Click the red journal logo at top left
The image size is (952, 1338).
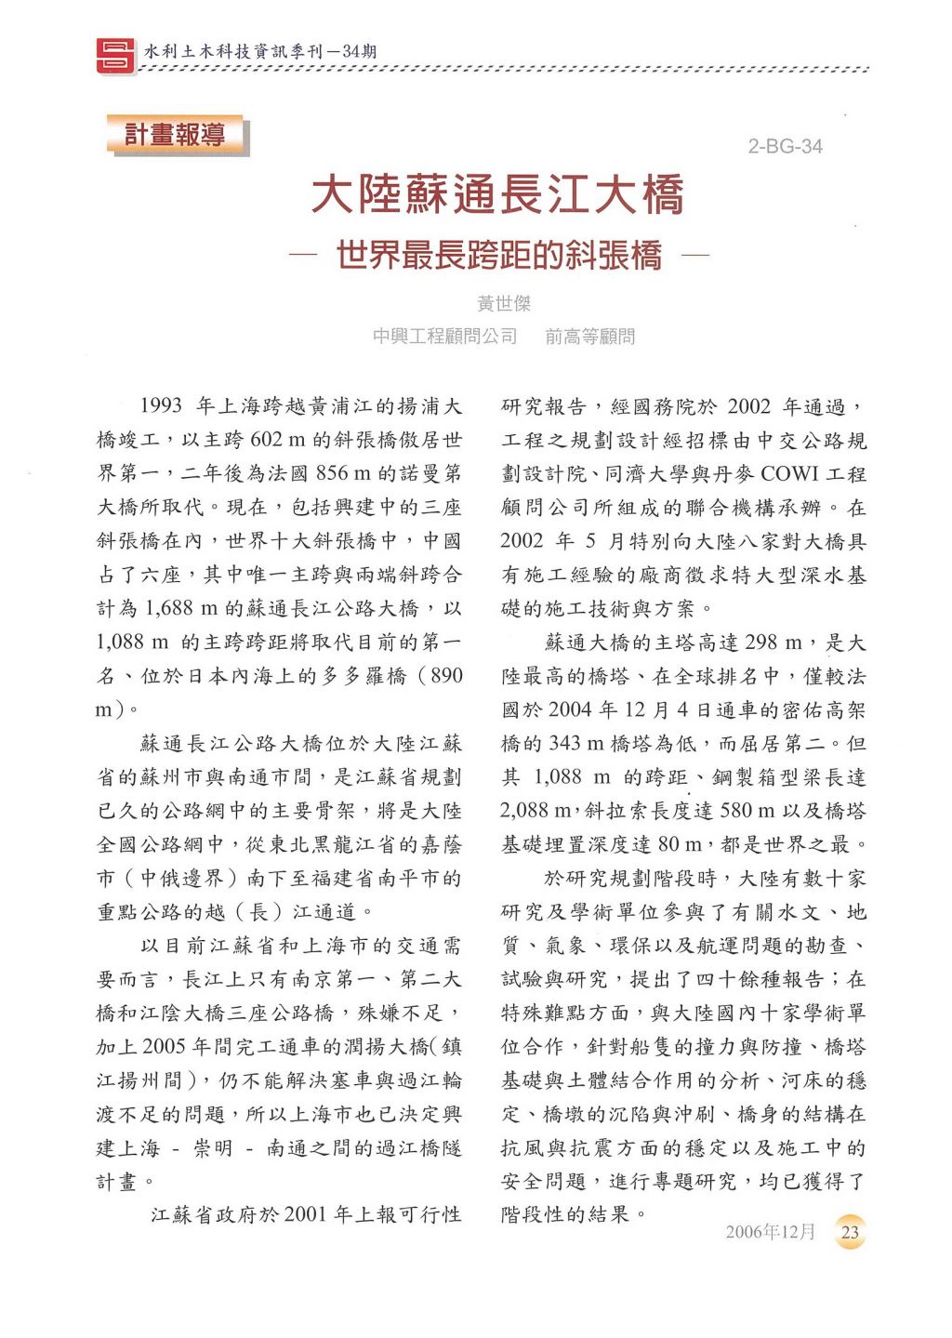[x=116, y=53]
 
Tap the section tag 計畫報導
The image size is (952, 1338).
[x=176, y=136]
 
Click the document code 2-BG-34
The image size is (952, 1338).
[x=785, y=147]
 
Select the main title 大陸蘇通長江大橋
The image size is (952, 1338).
[x=497, y=195]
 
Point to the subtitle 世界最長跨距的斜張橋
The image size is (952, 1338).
[x=499, y=255]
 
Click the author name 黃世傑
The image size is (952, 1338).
[x=503, y=304]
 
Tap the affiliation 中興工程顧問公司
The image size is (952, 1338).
[x=444, y=337]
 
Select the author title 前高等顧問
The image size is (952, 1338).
[x=590, y=337]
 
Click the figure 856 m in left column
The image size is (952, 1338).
[x=345, y=473]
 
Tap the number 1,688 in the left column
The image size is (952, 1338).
[x=168, y=608]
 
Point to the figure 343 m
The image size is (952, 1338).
[x=583, y=744]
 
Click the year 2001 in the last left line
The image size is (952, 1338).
[x=306, y=1214]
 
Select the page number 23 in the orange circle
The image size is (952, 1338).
[x=850, y=1233]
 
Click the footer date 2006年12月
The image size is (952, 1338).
[x=770, y=1232]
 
